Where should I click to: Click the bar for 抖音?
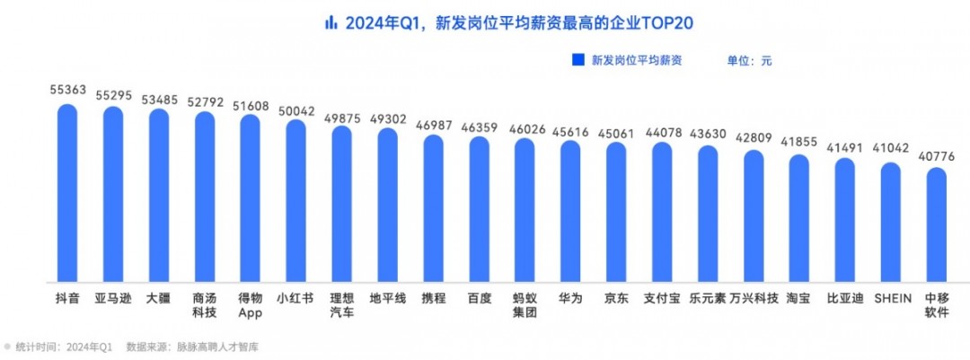click(x=67, y=193)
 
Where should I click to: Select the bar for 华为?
click(x=570, y=211)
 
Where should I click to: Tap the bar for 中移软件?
click(x=936, y=224)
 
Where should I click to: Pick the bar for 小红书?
click(x=295, y=200)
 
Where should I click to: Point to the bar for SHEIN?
click(x=890, y=222)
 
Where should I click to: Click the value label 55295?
click(x=113, y=94)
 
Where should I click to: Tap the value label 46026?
click(x=525, y=129)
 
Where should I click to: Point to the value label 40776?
click(x=936, y=157)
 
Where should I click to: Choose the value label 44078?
click(x=662, y=135)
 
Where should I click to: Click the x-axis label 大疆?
click(x=159, y=297)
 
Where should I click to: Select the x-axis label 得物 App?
click(x=250, y=304)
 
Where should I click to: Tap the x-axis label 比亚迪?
click(x=844, y=297)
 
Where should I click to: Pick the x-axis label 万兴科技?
click(x=754, y=297)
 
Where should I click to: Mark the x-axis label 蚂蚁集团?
click(x=525, y=304)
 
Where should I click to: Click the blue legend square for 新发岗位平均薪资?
click(x=578, y=61)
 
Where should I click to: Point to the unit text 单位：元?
click(x=749, y=61)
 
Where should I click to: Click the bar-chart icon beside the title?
click(x=331, y=22)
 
